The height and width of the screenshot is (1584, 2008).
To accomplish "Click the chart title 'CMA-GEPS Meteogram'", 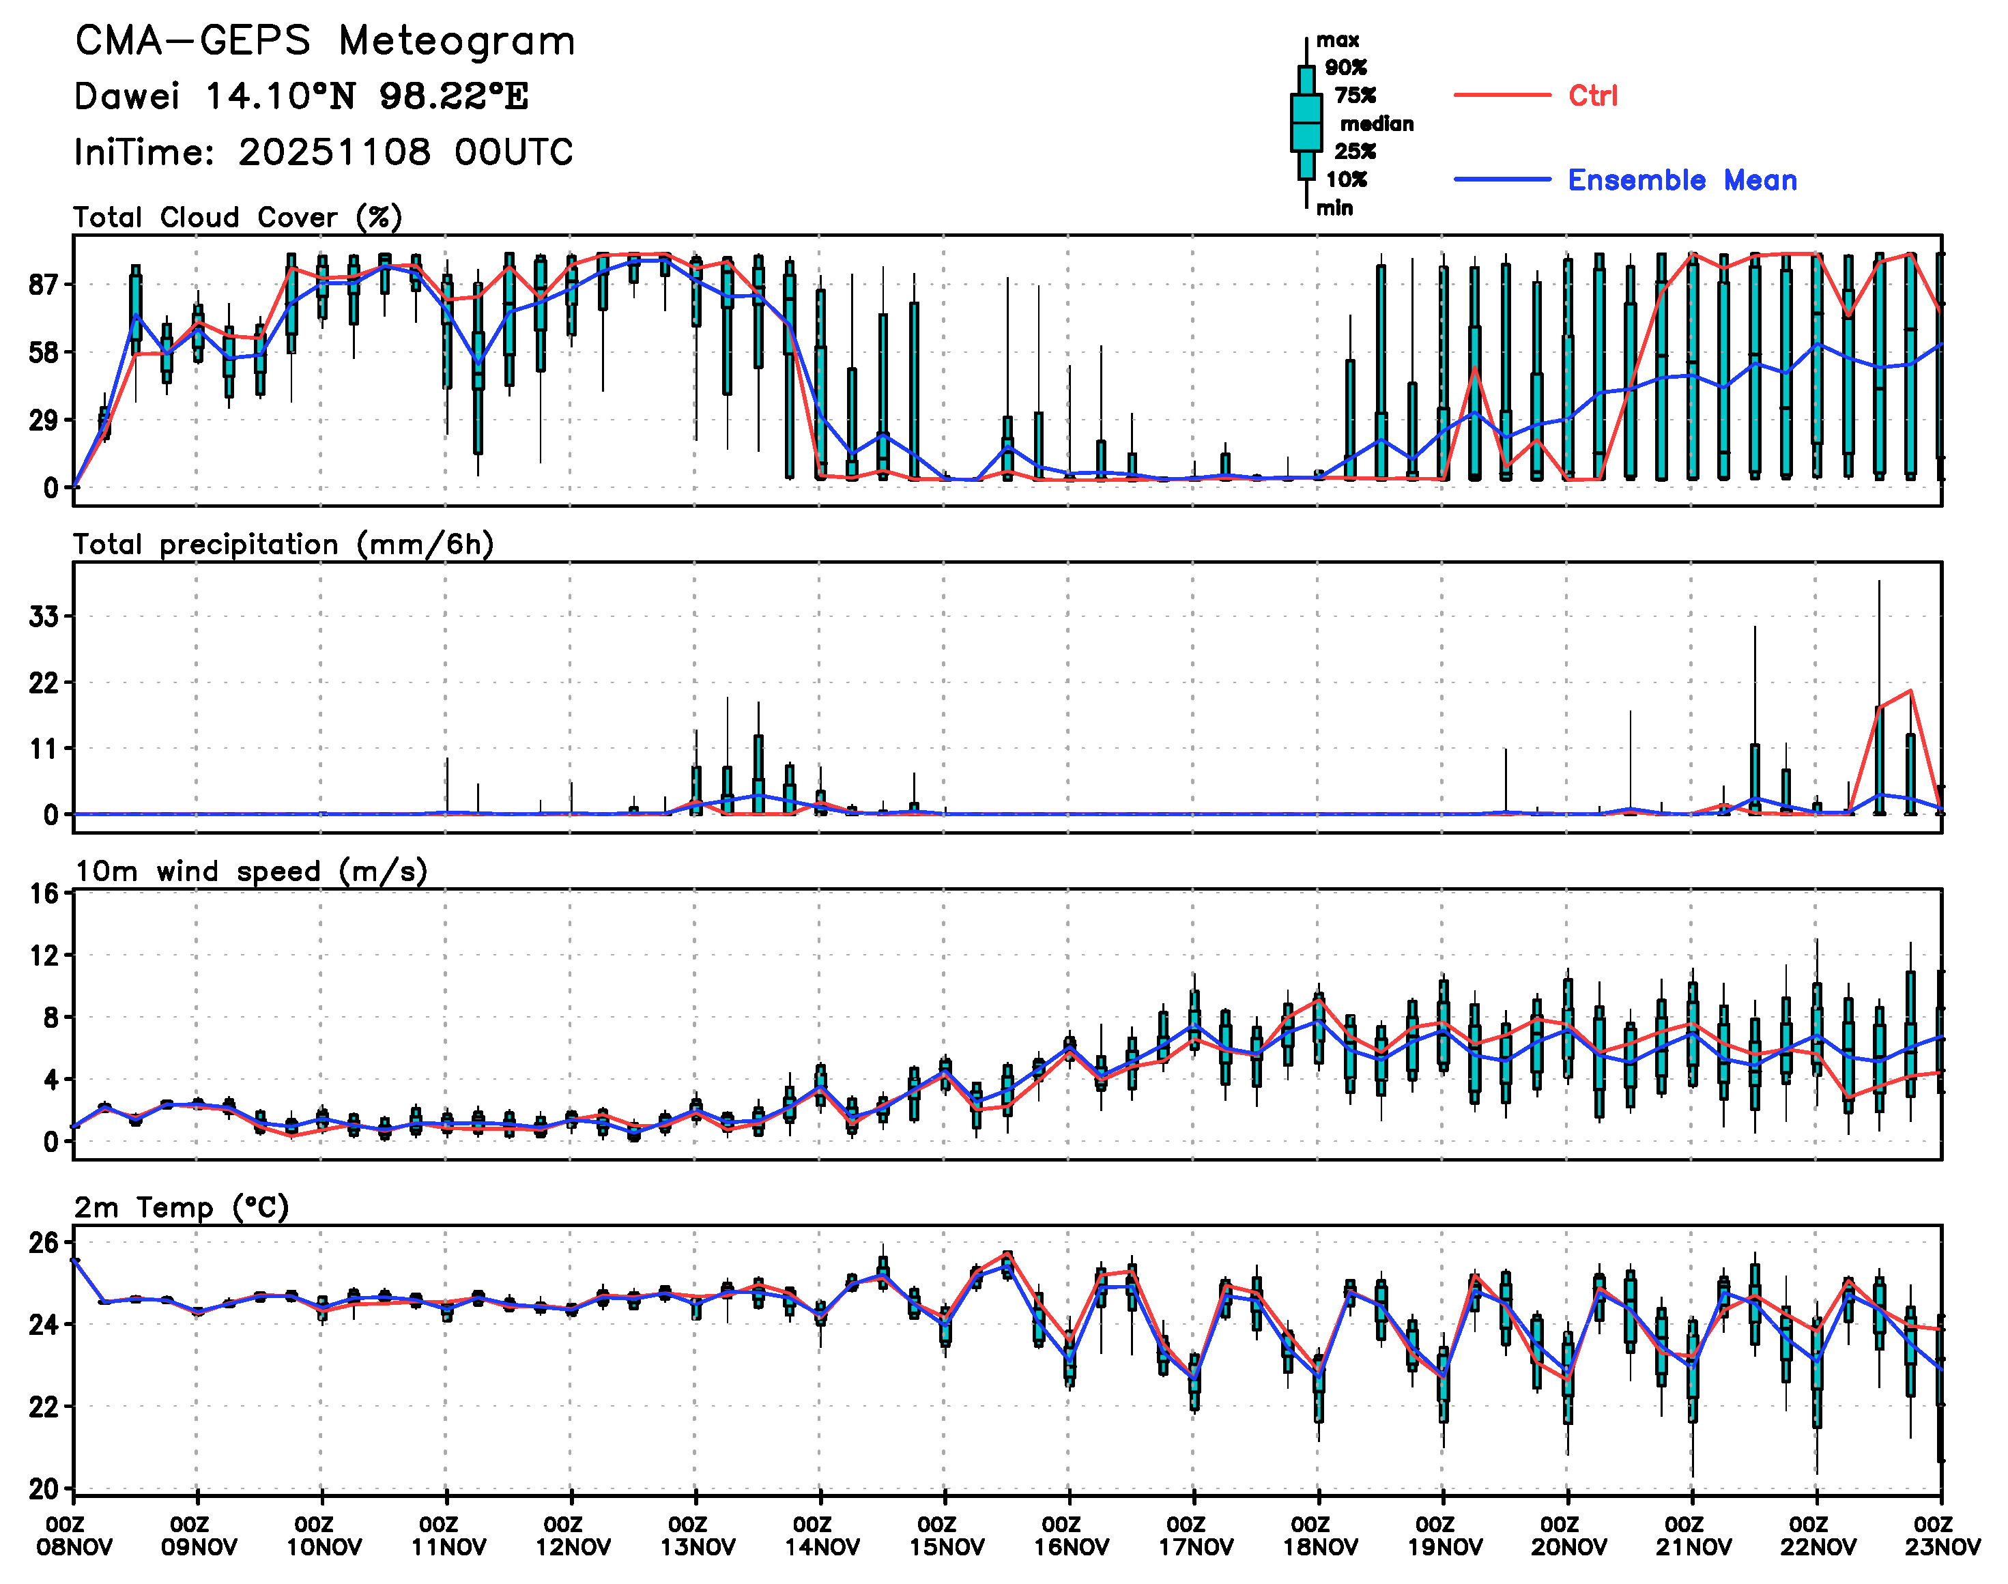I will pos(325,42).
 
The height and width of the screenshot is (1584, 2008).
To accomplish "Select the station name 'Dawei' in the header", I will pos(126,96).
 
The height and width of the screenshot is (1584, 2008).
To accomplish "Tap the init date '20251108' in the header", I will pos(334,152).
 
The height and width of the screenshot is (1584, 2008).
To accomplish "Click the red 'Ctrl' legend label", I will pos(1592,96).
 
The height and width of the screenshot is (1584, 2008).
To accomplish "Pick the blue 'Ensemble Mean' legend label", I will pos(1682,180).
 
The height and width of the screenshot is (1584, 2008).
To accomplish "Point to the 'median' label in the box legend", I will pos(1377,124).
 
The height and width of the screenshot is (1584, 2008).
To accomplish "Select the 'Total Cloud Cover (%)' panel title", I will pos(238,218).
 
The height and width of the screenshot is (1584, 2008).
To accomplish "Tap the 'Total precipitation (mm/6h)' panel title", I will pos(283,545).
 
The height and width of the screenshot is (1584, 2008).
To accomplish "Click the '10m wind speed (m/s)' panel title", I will pos(250,872).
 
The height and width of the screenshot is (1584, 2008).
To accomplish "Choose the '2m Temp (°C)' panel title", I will pos(182,1207).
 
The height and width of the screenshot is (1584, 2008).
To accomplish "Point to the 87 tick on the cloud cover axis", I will pos(43,285).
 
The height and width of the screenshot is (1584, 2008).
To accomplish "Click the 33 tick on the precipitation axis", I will pos(43,617).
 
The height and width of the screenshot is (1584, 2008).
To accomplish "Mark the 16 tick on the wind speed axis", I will pos(43,894).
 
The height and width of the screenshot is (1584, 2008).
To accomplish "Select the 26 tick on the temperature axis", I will pos(43,1243).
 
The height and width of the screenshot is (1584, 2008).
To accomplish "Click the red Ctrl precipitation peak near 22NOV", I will pos(1910,691).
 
